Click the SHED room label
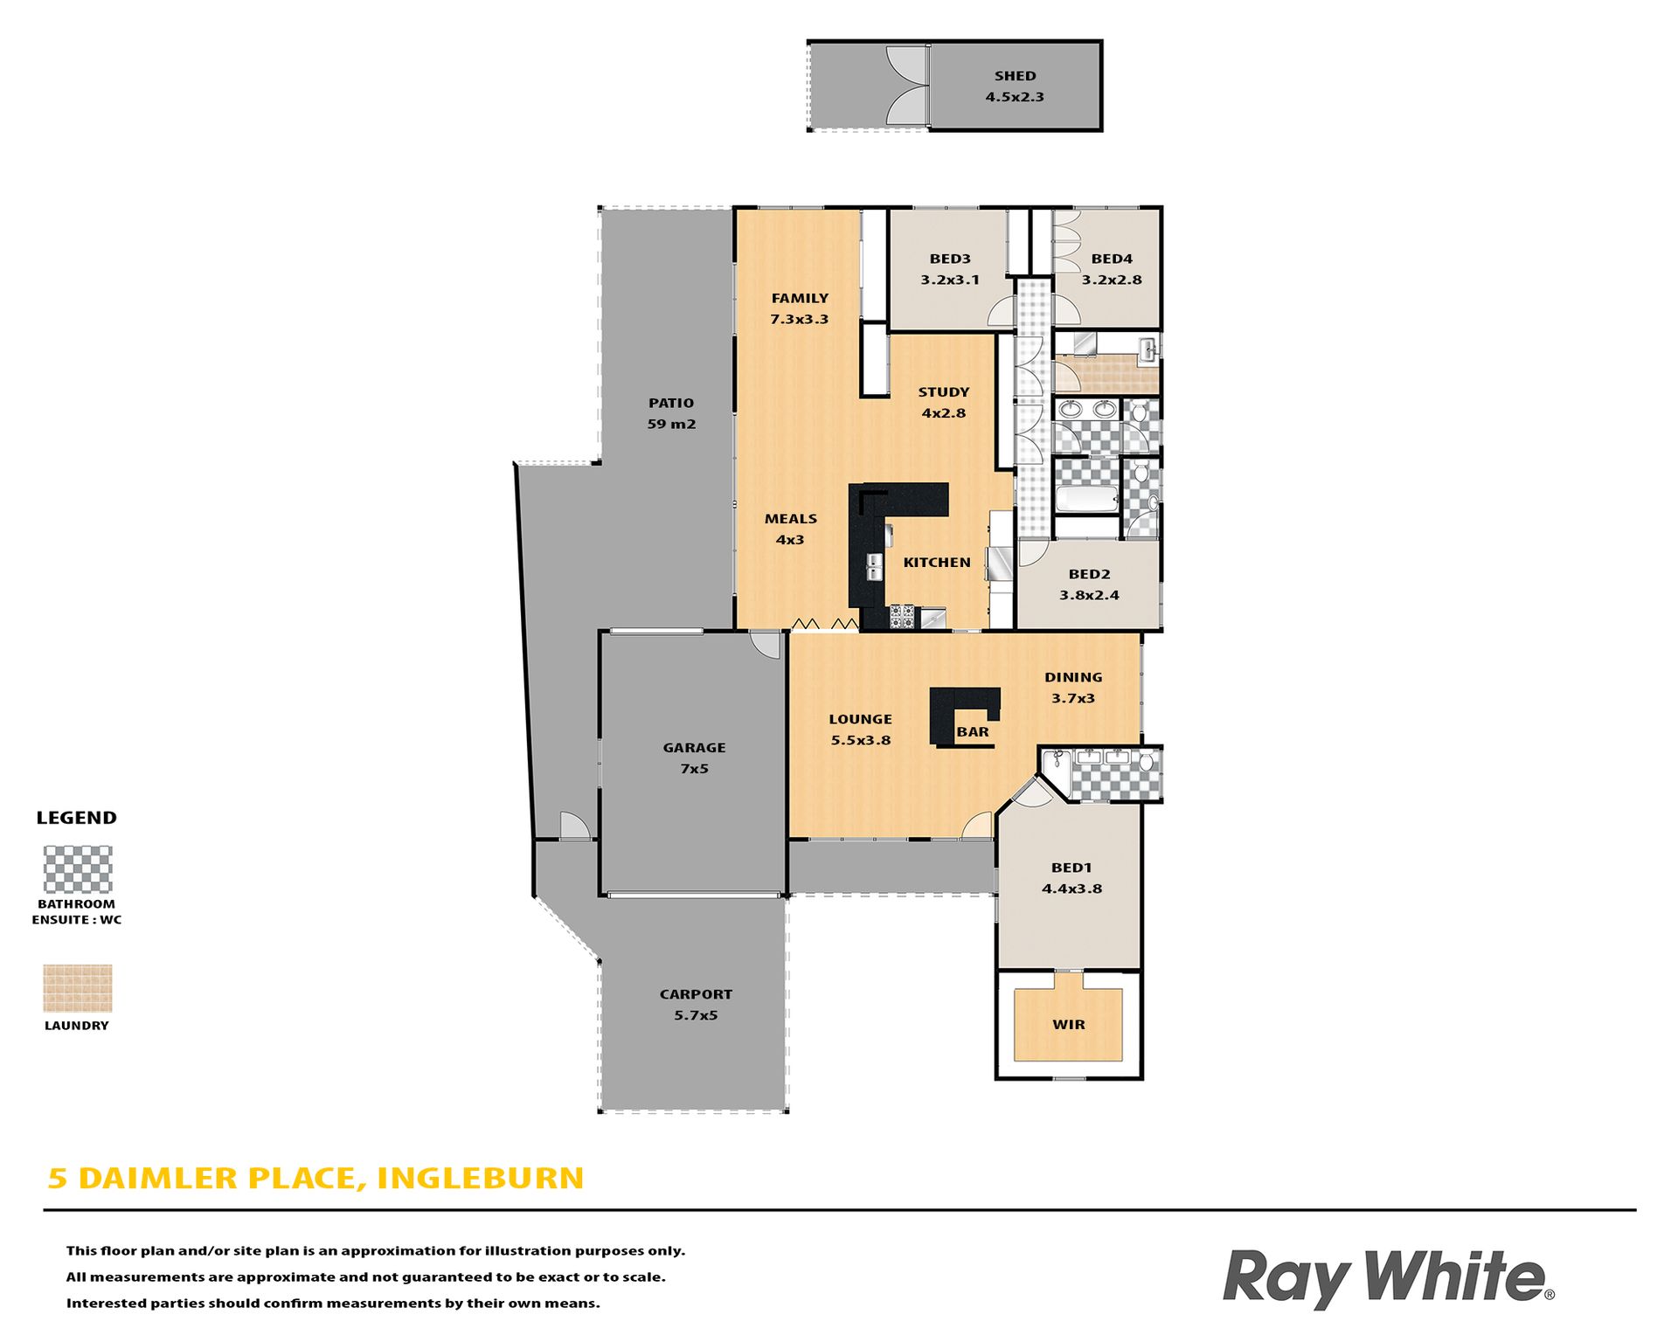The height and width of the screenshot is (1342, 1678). (x=1015, y=76)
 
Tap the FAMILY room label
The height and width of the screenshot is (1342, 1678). (x=800, y=298)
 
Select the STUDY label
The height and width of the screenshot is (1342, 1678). (x=944, y=392)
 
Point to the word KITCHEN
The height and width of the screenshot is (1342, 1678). (x=937, y=563)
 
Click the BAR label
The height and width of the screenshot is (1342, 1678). (x=973, y=732)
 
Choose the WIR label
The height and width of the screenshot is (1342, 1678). (x=1069, y=1025)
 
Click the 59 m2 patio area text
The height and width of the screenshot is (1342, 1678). (x=671, y=425)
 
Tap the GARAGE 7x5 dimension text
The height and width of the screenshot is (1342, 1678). (x=695, y=769)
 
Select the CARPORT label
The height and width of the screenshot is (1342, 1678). (x=696, y=994)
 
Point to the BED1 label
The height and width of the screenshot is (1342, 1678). (x=1071, y=868)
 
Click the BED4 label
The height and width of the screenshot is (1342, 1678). (x=1112, y=259)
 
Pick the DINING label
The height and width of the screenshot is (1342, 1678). (x=1073, y=677)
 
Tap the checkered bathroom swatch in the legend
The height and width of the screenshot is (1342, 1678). (x=78, y=868)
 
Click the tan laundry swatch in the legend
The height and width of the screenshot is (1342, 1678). (x=78, y=988)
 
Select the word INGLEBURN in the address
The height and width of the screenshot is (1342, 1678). (x=480, y=1179)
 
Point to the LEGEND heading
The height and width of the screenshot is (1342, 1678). (x=76, y=818)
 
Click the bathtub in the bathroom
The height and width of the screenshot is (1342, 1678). (x=1087, y=500)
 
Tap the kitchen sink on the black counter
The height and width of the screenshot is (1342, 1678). (x=874, y=566)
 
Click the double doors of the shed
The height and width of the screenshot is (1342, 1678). (x=906, y=86)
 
